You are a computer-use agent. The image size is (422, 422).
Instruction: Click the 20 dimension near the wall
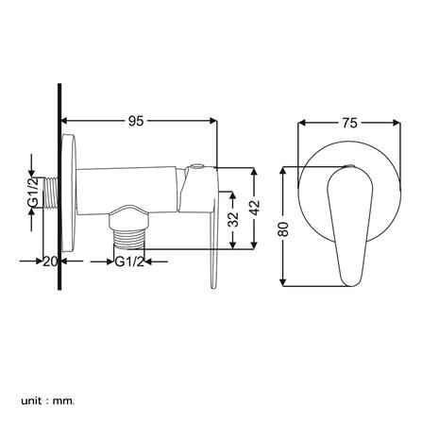coord(51,262)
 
